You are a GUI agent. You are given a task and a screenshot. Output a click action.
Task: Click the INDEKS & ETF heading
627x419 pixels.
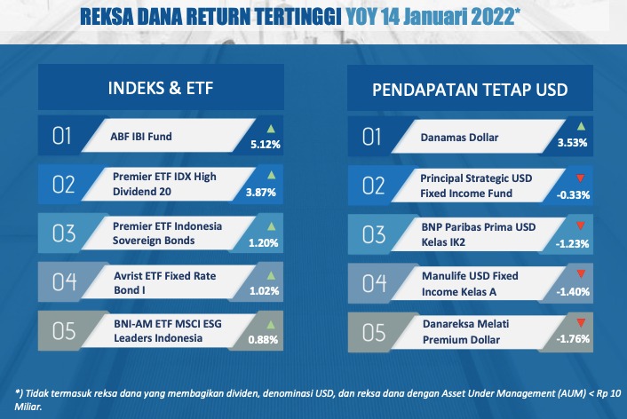(161, 88)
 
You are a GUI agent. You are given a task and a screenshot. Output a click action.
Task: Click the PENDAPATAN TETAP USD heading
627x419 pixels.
(470, 90)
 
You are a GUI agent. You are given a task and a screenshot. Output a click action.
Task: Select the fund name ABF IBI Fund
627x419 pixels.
(141, 137)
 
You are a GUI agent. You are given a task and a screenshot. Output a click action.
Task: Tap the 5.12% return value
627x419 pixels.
(266, 144)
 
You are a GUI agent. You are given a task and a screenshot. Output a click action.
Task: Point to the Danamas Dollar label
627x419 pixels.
(459, 138)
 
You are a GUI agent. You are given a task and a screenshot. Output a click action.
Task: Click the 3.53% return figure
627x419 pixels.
(573, 143)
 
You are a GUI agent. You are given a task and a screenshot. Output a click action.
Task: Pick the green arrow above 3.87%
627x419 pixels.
(271, 175)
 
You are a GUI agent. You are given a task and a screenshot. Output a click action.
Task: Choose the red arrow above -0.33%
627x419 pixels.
(580, 178)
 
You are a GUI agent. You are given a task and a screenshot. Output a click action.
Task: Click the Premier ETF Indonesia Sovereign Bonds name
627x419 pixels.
(167, 233)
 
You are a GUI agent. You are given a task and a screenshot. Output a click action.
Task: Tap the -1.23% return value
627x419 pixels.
(572, 243)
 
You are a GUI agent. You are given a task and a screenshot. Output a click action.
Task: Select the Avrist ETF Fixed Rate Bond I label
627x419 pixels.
(165, 282)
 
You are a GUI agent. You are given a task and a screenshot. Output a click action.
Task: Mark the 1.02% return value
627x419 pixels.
(265, 290)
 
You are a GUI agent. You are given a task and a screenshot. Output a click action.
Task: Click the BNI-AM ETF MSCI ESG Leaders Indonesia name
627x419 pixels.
(168, 330)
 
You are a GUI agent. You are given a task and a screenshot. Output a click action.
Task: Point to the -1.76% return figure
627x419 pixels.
(573, 338)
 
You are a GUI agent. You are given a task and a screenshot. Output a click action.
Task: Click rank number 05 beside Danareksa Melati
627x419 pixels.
(374, 333)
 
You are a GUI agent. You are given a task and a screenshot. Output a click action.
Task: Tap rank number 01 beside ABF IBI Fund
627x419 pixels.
(61, 136)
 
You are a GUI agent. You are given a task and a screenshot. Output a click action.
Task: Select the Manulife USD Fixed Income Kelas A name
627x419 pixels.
(470, 284)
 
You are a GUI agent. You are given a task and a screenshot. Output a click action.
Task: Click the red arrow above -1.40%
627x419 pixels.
(581, 274)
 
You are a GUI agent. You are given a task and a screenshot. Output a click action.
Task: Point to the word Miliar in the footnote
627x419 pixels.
(28, 407)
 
